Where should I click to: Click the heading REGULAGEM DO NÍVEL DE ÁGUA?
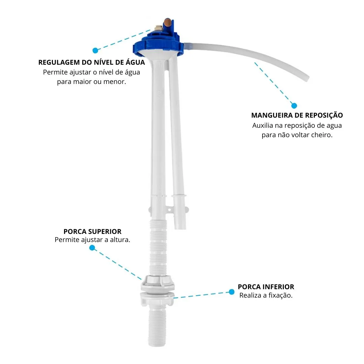pos(91,62)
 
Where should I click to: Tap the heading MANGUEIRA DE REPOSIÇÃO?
pos(297,115)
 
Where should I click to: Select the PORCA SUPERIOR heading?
pos(92,232)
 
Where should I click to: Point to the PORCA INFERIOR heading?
pos(266,287)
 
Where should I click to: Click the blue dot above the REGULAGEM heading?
pos(95,50)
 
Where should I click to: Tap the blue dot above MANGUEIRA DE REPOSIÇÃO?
pos(294,105)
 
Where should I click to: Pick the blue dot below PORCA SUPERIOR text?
pos(92,248)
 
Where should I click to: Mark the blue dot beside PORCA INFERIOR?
pos(232,292)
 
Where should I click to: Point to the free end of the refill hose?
pos(307,79)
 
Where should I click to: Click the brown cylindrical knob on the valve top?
pos(168,23)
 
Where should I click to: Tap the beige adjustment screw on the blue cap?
pos(158,29)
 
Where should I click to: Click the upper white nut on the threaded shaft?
pos(158,282)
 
